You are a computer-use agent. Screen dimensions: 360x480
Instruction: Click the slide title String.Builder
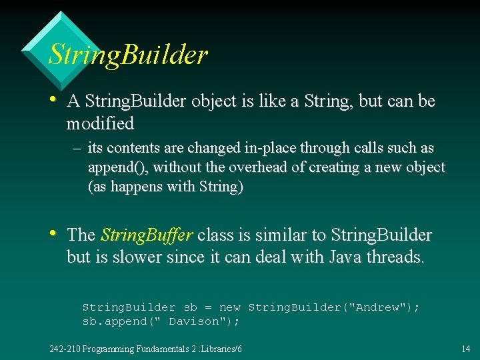(128, 55)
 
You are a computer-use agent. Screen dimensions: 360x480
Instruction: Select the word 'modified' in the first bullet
(100, 123)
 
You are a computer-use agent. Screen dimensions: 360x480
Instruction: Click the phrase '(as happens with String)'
(166, 187)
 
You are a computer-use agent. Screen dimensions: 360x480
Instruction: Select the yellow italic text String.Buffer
(147, 235)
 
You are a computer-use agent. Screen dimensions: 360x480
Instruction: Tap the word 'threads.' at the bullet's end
(395, 257)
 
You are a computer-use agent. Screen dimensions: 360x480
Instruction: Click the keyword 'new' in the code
(229, 307)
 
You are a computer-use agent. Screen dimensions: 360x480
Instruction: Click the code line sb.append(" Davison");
(161, 321)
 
